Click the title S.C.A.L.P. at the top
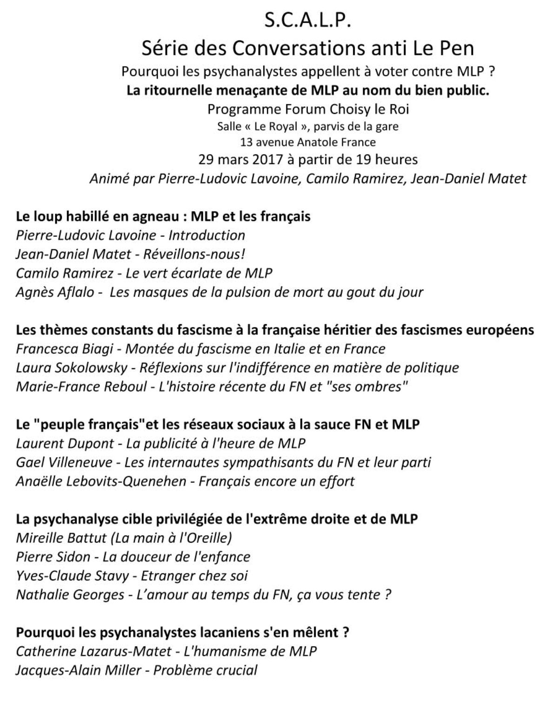click(x=307, y=21)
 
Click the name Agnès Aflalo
click(x=55, y=292)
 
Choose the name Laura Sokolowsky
click(x=72, y=367)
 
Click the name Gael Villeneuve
click(x=64, y=462)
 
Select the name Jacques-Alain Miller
click(x=78, y=670)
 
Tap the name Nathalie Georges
click(x=70, y=594)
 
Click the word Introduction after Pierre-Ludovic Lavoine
click(x=206, y=235)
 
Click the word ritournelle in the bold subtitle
click(x=179, y=90)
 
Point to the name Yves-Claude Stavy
click(x=72, y=575)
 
